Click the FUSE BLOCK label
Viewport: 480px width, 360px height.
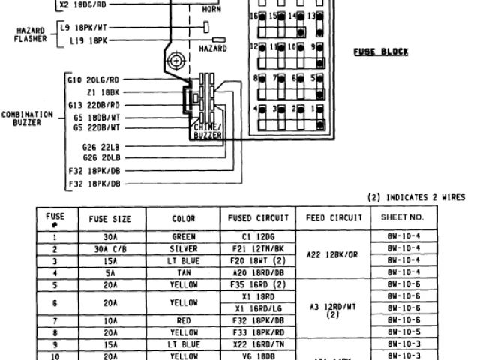(x=381, y=52)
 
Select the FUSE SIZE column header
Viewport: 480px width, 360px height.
(x=110, y=219)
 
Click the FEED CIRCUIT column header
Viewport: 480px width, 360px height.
(x=334, y=219)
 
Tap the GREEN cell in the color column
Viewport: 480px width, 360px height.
(x=184, y=235)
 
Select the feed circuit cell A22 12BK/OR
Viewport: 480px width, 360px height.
(x=334, y=253)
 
